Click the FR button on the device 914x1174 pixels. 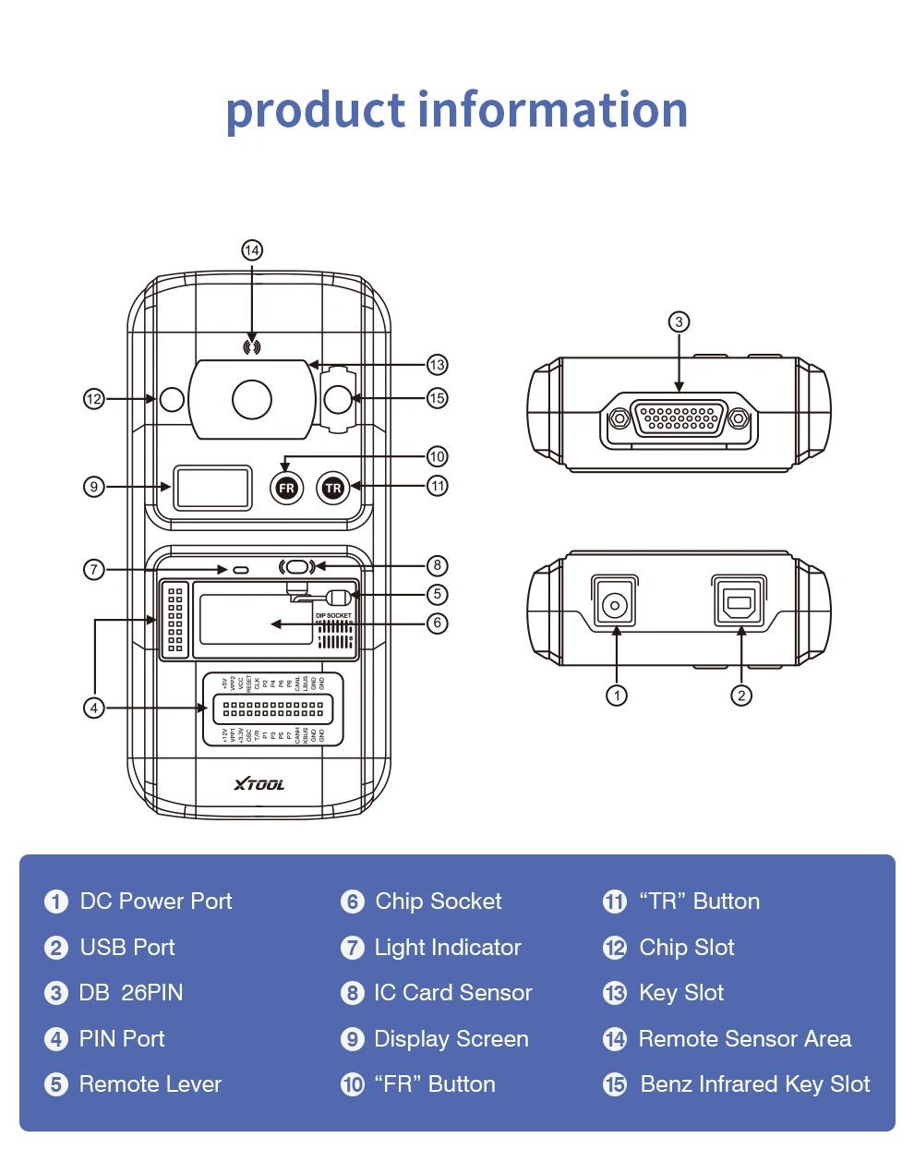tap(286, 488)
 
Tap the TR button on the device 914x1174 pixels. tap(332, 488)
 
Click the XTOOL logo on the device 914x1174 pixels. tap(259, 784)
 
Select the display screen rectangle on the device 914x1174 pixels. tap(213, 488)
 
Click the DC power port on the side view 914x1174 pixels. tap(614, 604)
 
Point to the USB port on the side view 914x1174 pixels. tap(740, 605)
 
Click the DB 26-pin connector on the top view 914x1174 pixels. tap(679, 419)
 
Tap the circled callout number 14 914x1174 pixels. tap(252, 250)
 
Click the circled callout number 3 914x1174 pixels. tap(679, 321)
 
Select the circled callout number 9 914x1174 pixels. tap(94, 487)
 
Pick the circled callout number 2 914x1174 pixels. tap(741, 696)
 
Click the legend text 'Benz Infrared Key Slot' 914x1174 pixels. tap(754, 1084)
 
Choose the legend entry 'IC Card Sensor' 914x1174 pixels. tap(452, 993)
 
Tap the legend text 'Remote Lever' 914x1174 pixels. tap(150, 1084)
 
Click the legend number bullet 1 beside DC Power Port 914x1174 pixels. tap(56, 902)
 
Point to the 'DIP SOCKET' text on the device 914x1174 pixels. tap(333, 615)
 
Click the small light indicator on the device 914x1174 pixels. tap(241, 569)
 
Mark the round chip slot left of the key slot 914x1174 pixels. tap(173, 399)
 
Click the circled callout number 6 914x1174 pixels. tap(438, 623)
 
